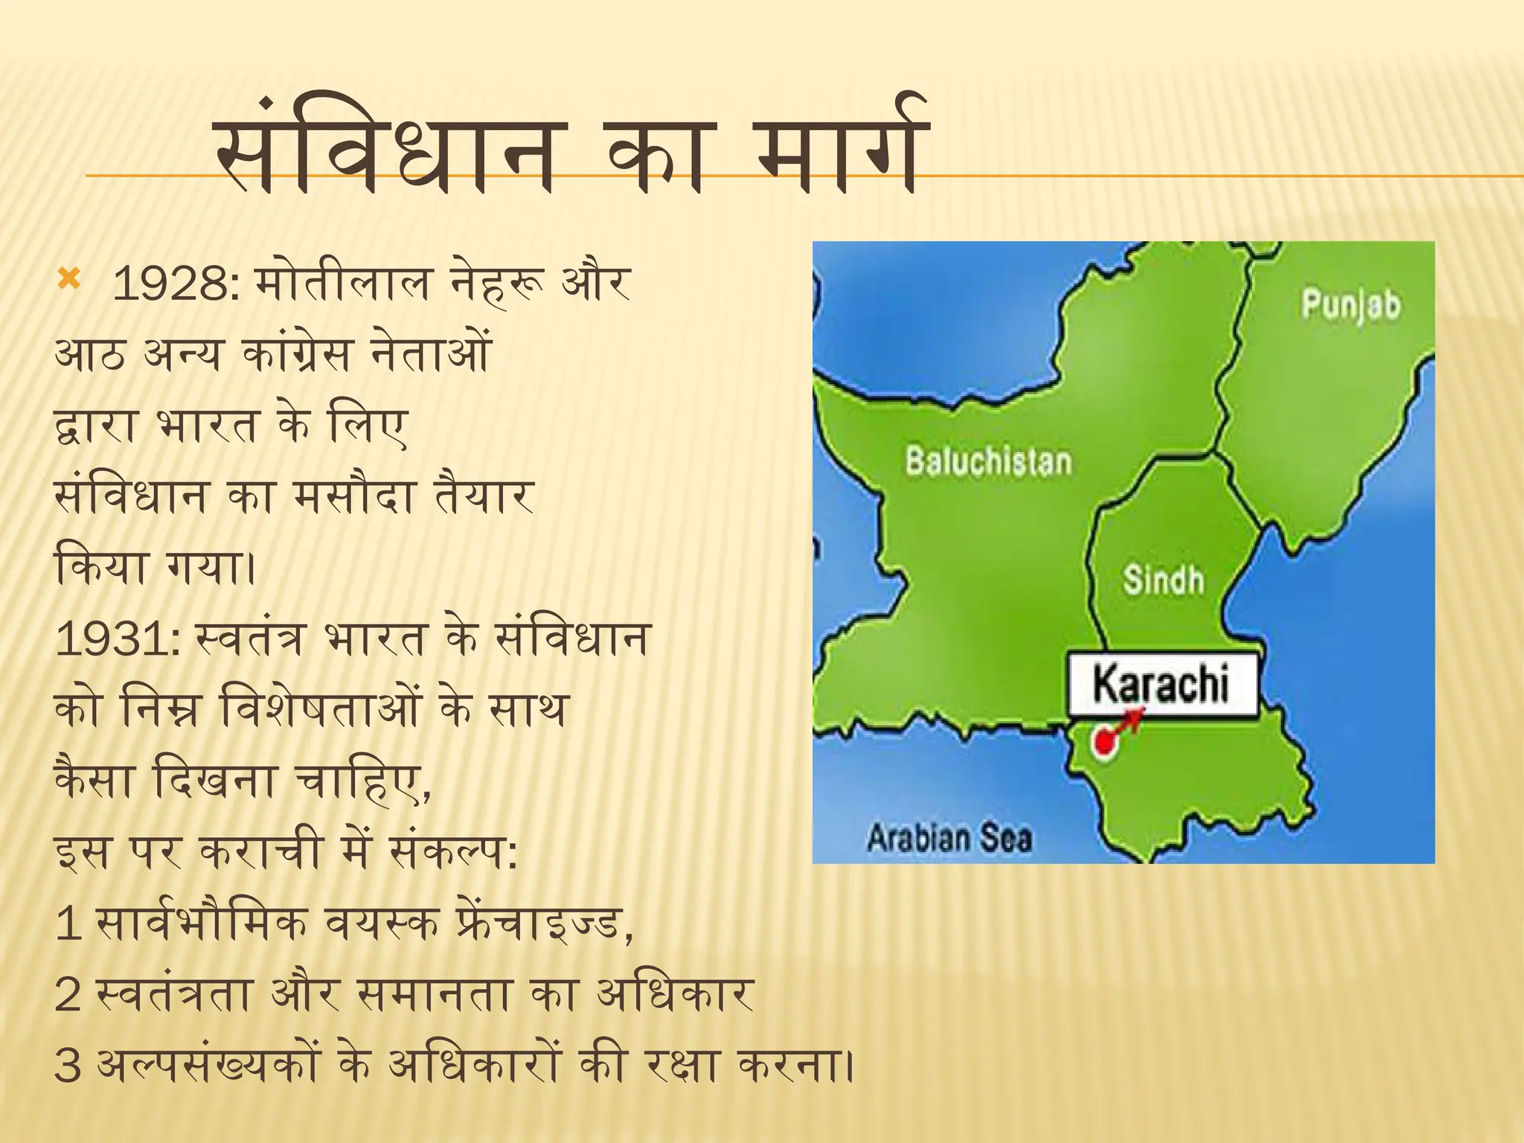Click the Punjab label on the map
(1350, 305)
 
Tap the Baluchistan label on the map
(988, 461)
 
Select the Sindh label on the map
(1163, 580)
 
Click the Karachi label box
(1162, 685)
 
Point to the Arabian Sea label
(950, 839)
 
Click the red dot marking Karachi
(1103, 742)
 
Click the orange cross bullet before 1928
(68, 281)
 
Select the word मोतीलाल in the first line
(342, 284)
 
